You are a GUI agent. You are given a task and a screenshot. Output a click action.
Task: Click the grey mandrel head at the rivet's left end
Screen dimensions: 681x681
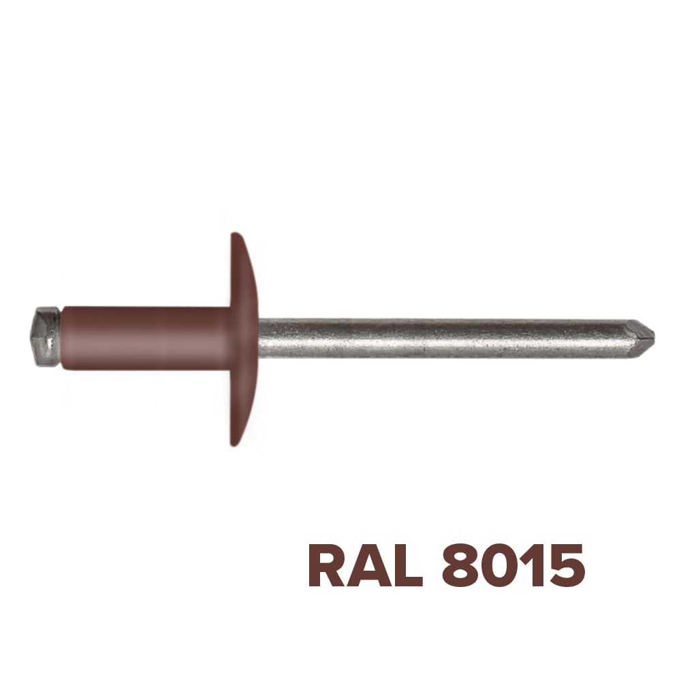coord(46,337)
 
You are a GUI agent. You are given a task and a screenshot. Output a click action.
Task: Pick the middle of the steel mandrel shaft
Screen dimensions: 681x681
coord(449,338)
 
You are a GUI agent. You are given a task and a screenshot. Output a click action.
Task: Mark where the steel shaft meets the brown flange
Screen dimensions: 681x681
coord(259,338)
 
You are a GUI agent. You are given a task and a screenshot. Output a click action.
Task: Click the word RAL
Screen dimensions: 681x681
coord(365,565)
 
